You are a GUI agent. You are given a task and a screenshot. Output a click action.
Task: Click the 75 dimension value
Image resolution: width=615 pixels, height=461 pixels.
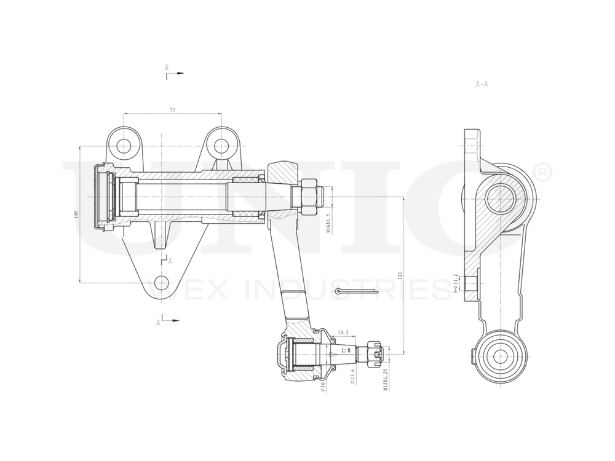pyautogui.click(x=173, y=109)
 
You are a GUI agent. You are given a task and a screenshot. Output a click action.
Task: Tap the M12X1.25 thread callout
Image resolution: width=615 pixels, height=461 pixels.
pyautogui.click(x=386, y=380)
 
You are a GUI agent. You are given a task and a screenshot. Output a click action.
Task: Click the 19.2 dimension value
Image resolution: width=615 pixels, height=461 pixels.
pyautogui.click(x=343, y=333)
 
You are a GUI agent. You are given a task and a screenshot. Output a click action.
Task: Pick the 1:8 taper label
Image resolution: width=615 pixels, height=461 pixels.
pyautogui.click(x=345, y=350)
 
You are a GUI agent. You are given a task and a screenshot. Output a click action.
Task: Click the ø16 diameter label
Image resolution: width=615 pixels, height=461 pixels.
pyautogui.click(x=322, y=386)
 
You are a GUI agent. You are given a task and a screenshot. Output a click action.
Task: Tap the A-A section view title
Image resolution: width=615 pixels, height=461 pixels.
pyautogui.click(x=482, y=84)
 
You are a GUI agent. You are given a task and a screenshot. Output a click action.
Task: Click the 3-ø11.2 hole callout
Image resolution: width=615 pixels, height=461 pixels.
pyautogui.click(x=455, y=283)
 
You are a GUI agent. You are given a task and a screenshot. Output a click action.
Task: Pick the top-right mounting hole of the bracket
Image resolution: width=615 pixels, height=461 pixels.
pyautogui.click(x=221, y=146)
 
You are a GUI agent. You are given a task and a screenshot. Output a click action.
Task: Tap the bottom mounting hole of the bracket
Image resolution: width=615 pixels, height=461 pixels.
pyautogui.click(x=161, y=283)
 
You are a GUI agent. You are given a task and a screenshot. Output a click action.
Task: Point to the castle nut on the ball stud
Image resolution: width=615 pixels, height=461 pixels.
pyautogui.click(x=373, y=354)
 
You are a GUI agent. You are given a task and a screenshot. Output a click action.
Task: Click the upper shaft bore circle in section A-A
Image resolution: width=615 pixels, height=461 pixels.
pyautogui.click(x=499, y=198)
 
